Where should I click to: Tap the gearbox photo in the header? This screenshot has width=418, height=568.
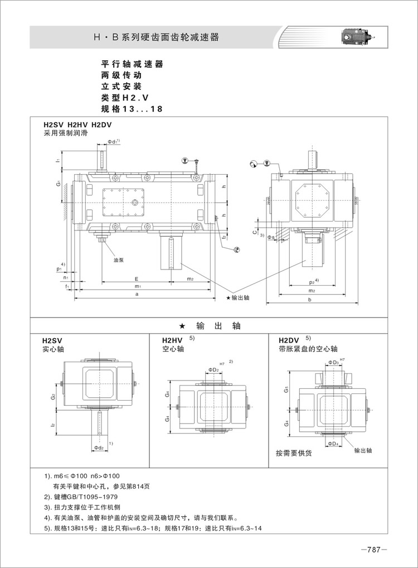(x=355, y=37)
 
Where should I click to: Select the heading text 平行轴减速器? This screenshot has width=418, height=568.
(x=132, y=64)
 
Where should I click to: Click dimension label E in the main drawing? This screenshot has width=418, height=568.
(x=137, y=278)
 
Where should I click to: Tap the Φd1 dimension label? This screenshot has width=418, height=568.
(x=113, y=142)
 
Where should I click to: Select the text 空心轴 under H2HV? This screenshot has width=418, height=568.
(x=173, y=349)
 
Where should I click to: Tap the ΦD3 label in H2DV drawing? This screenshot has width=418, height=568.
(x=333, y=363)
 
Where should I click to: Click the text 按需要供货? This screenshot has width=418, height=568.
(x=294, y=453)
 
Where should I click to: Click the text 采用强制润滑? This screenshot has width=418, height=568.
(x=65, y=133)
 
